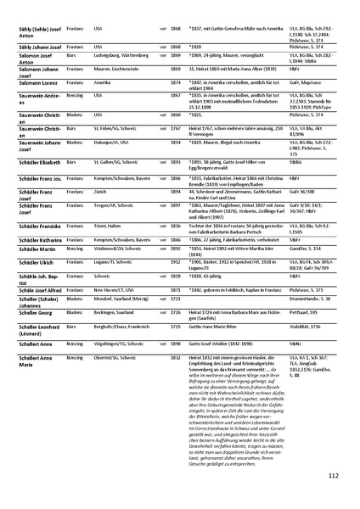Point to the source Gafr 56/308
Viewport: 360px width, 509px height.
coord(289,193)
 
